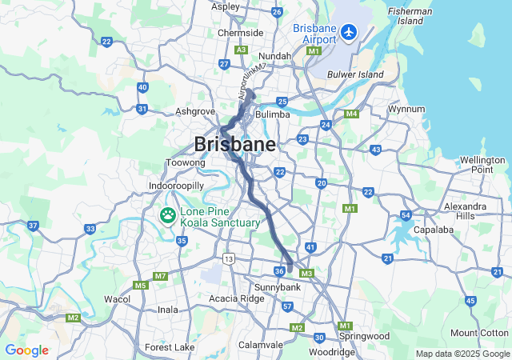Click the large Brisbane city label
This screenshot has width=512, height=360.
(x=234, y=145)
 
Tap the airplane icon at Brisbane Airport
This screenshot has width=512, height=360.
(x=349, y=32)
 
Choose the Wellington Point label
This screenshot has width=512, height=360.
(x=482, y=165)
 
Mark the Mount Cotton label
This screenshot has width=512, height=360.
(x=479, y=333)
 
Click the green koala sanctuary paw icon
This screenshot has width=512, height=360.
(x=168, y=215)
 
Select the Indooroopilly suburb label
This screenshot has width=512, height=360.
(x=177, y=186)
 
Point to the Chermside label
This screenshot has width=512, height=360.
(x=241, y=33)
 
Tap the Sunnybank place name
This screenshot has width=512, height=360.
(x=276, y=286)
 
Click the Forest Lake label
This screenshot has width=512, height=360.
(x=170, y=347)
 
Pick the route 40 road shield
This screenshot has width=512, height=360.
(x=142, y=87)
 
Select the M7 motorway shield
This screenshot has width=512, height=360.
(x=160, y=276)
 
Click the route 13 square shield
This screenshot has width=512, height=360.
(x=230, y=258)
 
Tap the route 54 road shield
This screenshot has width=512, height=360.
(x=406, y=215)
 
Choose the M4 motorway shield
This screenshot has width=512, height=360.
(x=350, y=114)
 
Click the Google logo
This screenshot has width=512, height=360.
(x=26, y=350)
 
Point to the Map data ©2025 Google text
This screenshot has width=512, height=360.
(x=462, y=354)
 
